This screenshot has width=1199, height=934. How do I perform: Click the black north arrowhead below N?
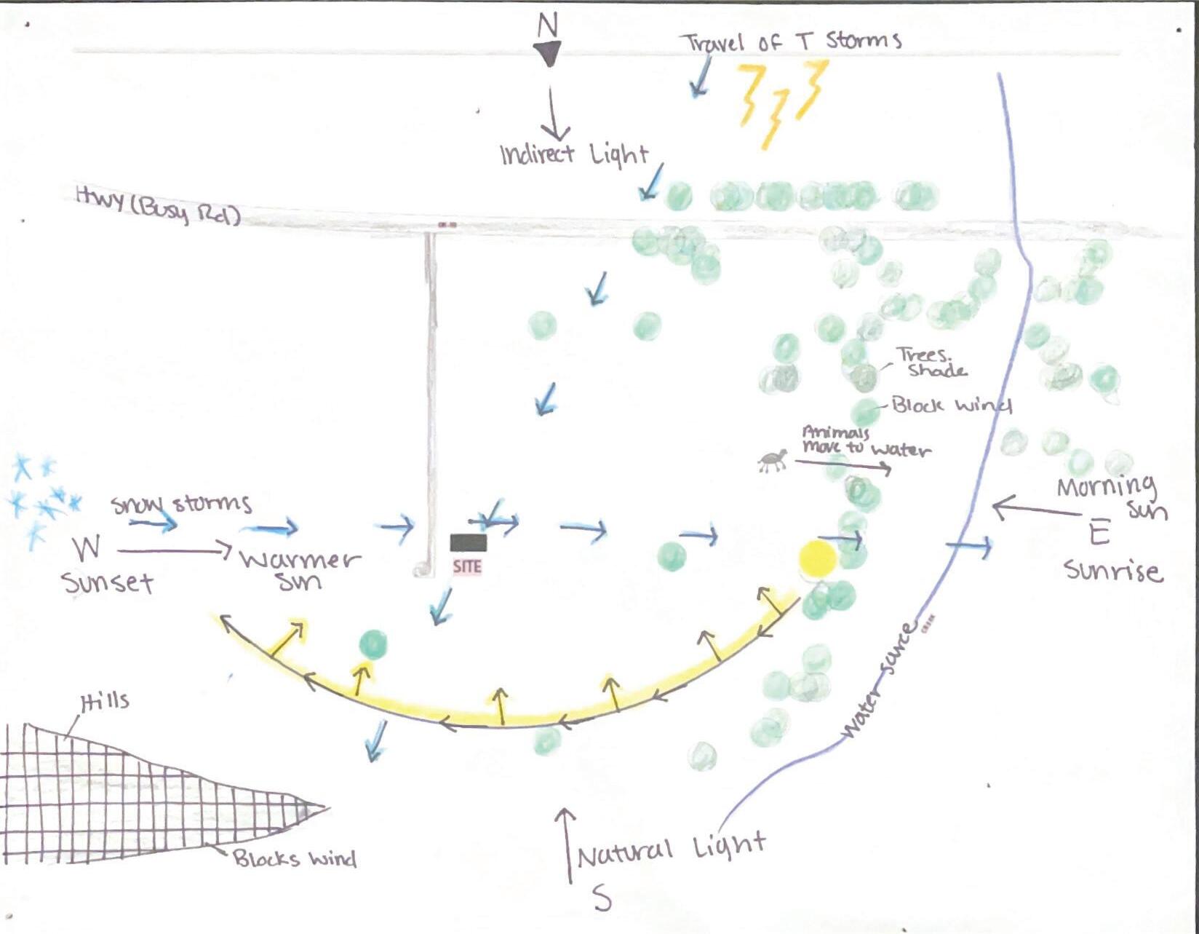(x=547, y=53)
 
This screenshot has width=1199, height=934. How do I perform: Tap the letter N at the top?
(x=547, y=25)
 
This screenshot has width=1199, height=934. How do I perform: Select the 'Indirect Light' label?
(x=573, y=154)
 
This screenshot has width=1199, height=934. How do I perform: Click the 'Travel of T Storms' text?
(x=792, y=41)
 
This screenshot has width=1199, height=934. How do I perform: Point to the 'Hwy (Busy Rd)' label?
(x=157, y=205)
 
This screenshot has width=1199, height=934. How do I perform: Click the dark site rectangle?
(x=468, y=542)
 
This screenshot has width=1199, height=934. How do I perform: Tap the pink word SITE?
(x=467, y=566)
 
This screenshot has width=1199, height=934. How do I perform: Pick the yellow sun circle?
(x=818, y=559)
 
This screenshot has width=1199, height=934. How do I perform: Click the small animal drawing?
(x=773, y=461)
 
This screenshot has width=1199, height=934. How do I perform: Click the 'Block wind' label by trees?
(x=951, y=405)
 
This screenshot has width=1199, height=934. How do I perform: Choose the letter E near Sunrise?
(x=1099, y=534)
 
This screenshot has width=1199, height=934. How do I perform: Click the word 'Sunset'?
(x=108, y=582)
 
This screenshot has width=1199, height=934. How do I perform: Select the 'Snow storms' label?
(x=181, y=503)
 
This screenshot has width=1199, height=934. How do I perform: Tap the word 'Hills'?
(x=105, y=702)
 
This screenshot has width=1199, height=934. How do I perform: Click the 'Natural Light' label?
(x=671, y=849)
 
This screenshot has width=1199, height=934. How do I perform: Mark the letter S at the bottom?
(x=602, y=899)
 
